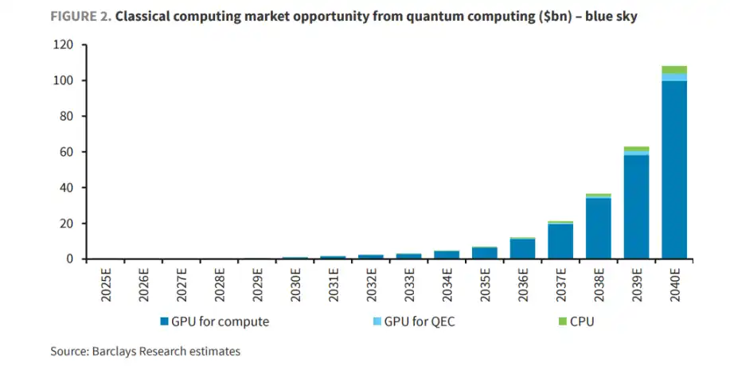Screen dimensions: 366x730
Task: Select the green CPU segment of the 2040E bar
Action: click(x=674, y=69)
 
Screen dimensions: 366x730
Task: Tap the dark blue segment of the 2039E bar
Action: click(x=636, y=207)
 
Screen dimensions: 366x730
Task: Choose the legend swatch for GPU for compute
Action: click(x=164, y=322)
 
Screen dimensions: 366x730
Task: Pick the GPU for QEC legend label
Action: click(x=420, y=322)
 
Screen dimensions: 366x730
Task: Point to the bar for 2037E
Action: click(x=560, y=241)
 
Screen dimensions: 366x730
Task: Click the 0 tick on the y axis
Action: click(x=70, y=259)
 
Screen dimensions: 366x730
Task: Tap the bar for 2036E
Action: click(x=522, y=249)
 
